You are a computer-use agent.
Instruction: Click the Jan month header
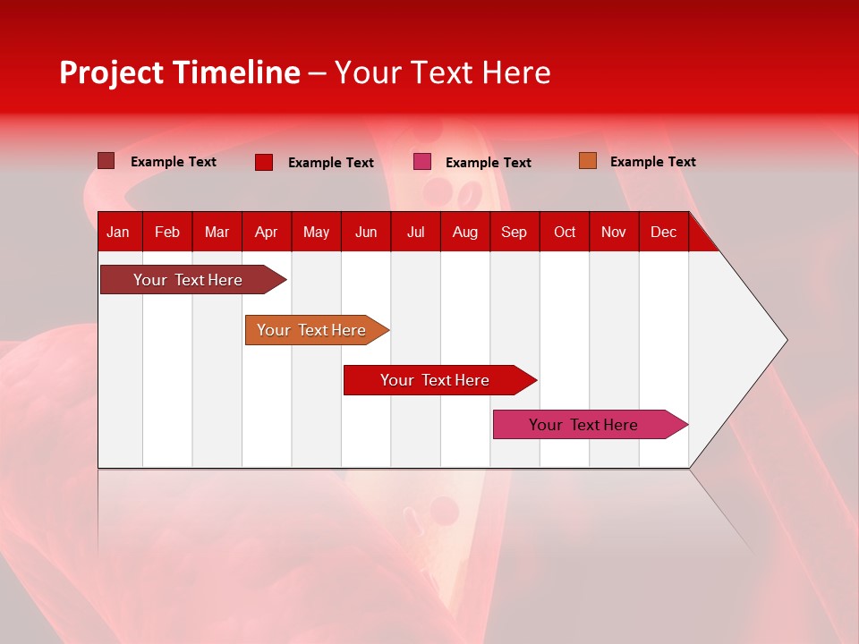[x=118, y=233]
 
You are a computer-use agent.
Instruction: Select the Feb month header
[x=167, y=233]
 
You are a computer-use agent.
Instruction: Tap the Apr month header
[x=266, y=233]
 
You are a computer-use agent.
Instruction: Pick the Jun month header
[x=366, y=233]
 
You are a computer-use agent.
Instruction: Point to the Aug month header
[x=464, y=233]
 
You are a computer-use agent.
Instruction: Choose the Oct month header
[x=565, y=233]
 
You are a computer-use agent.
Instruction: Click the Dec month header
[x=663, y=233]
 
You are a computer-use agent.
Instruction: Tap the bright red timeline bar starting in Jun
[x=436, y=380]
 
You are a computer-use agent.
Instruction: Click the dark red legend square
[x=106, y=161]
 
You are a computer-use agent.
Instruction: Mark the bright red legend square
[x=264, y=162]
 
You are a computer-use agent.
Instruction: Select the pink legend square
[x=422, y=162]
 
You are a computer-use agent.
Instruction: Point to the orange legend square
[x=588, y=161]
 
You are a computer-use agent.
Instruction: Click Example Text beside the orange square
[x=652, y=162]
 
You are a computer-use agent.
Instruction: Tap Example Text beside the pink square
[x=488, y=163]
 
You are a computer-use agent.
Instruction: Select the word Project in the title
[x=112, y=72]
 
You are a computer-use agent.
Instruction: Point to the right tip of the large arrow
[x=785, y=340]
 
